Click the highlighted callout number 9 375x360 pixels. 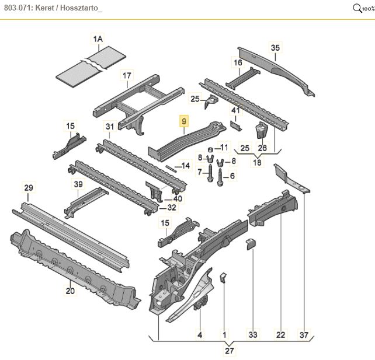pos(184,122)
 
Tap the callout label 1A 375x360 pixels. pos(98,39)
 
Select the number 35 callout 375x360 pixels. pos(276,48)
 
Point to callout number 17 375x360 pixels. pos(127,75)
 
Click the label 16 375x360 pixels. pos(238,62)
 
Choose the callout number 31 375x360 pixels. pos(110,127)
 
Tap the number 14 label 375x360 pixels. pos(186,166)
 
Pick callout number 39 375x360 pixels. pos(78,184)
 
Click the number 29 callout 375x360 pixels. pos(28,187)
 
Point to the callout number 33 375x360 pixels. pos(252,334)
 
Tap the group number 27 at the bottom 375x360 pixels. pos(230,351)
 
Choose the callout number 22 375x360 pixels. pos(280,334)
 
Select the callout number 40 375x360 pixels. pos(178,198)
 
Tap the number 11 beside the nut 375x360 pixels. pos(224,146)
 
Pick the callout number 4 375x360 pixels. pos(200,334)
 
